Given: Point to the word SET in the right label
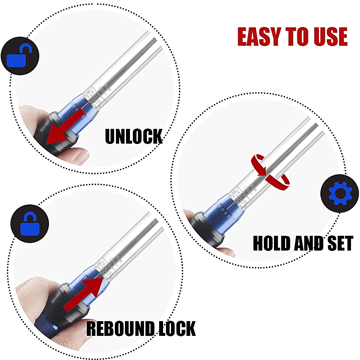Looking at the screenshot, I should point(336,243).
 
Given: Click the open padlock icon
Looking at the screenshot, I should point(20,56).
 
